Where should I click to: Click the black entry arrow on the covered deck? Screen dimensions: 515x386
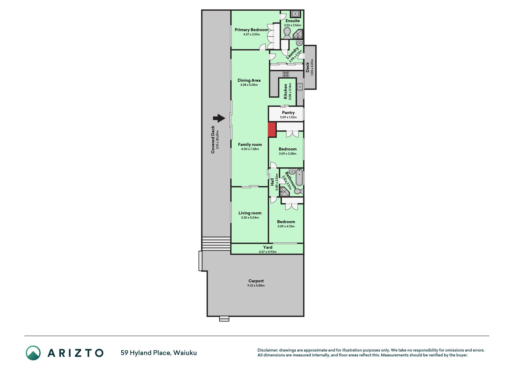[219, 118]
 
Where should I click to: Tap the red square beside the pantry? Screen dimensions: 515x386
[272, 130]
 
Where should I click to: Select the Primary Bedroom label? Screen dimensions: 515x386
[252, 30]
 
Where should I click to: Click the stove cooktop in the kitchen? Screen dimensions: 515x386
[286, 74]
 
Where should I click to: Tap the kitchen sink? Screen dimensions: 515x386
[300, 87]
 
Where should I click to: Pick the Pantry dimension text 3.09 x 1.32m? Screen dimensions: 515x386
[288, 117]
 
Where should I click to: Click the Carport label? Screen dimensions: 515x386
[256, 281]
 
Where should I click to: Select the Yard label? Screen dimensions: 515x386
[268, 247]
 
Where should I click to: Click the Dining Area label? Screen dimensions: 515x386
[249, 80]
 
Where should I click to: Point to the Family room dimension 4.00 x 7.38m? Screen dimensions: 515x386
[250, 149]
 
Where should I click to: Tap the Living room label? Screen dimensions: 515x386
[250, 213]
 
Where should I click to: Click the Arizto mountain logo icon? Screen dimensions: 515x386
[33, 353]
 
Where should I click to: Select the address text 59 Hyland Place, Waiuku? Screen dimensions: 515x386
[159, 353]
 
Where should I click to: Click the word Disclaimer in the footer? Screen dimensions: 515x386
[267, 350]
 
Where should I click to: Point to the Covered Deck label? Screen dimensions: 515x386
[213, 140]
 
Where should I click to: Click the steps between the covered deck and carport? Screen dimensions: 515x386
[216, 243]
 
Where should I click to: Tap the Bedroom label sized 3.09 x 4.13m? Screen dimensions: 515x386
[286, 222]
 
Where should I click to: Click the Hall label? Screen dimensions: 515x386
[272, 182]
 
